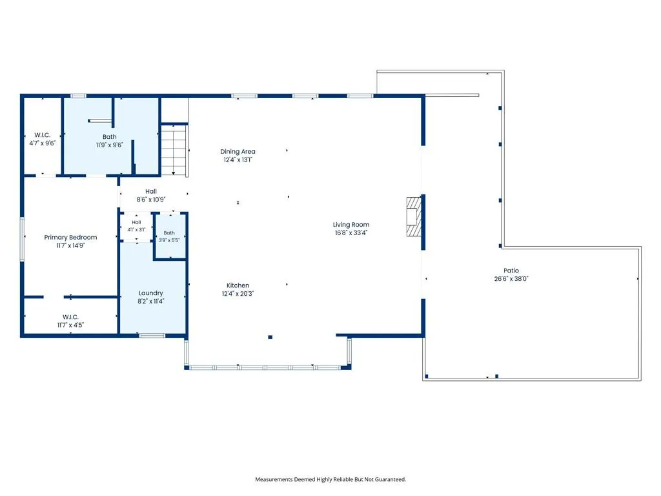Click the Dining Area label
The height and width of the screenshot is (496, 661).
[x=238, y=151]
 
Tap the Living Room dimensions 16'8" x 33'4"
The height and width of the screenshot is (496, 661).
[x=351, y=232]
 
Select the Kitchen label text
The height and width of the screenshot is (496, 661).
[x=238, y=285]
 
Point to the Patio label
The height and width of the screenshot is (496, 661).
[x=511, y=271]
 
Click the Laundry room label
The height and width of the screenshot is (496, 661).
[x=150, y=293]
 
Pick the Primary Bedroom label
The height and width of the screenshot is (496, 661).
[x=70, y=238]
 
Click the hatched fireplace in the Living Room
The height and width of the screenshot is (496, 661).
[x=414, y=216]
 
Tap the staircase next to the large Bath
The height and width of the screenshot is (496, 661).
[x=174, y=150]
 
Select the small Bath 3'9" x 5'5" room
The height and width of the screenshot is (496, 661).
[x=170, y=236]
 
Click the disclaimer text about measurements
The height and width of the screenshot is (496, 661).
[x=330, y=479]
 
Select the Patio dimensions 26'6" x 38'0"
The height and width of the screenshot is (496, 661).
[x=511, y=278]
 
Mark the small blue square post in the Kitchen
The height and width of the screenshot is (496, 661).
[x=270, y=337]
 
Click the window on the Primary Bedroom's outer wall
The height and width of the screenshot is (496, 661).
[x=23, y=239]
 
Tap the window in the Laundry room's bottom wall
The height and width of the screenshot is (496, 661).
[x=152, y=336]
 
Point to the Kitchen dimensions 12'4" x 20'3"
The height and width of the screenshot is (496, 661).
[x=238, y=294]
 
